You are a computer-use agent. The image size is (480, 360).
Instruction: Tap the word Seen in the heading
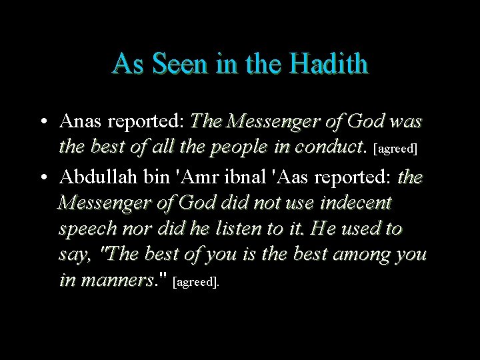[179, 64]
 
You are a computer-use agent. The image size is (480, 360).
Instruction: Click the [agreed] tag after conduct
[397, 148]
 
